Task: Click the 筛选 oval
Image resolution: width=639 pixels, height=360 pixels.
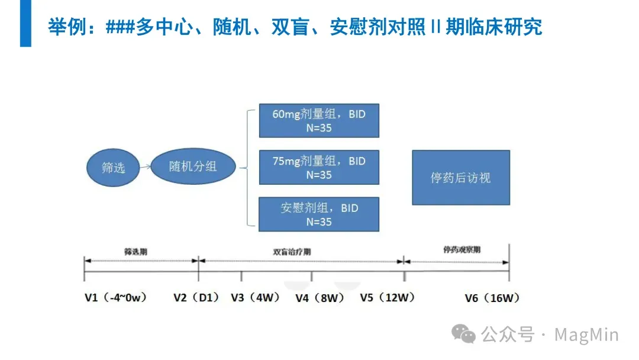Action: pos(113,167)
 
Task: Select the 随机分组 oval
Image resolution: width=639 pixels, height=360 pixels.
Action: pos(193,166)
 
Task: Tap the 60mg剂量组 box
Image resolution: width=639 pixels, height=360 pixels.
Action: pos(319,121)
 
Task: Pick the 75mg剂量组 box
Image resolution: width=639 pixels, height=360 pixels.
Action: pos(319,168)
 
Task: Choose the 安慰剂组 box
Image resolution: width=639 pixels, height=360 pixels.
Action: pos(319,214)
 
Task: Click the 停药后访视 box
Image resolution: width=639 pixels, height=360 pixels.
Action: pos(460,178)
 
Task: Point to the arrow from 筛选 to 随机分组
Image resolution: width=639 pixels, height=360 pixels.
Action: pos(146,168)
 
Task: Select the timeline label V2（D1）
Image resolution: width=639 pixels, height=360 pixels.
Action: pos(196,298)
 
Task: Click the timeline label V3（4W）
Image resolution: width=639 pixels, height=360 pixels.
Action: pos(255,298)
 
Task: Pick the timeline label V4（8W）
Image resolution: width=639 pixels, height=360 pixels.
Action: pos(319,298)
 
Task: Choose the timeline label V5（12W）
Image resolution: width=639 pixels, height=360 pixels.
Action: pos(388,298)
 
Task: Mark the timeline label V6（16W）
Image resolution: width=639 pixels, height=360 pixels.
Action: pos(492,298)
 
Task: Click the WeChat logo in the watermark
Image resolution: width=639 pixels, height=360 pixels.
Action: pos(464,335)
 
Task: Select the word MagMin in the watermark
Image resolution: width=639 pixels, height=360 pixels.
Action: pos(586,335)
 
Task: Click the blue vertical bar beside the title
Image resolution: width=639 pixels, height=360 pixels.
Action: pos(25,24)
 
